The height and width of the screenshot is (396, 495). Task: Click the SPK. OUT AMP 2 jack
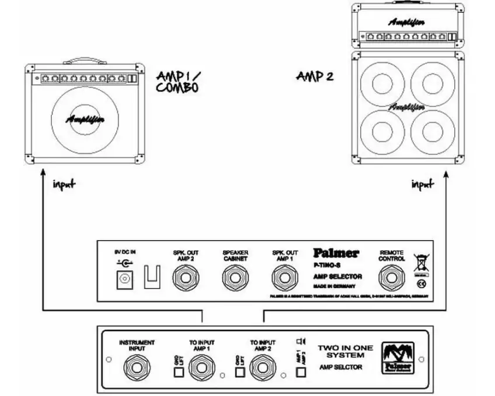pyautogui.click(x=186, y=276)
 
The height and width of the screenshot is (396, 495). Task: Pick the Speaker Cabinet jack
pyautogui.click(x=235, y=276)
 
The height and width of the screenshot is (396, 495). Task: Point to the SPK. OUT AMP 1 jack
pyautogui.click(x=285, y=276)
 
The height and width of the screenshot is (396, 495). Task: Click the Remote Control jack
pyautogui.click(x=391, y=276)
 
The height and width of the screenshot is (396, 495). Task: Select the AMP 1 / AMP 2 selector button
pyautogui.click(x=301, y=373)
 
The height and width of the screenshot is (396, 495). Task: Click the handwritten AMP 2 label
pyautogui.click(x=315, y=76)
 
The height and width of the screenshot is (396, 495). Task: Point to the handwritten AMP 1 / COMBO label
pyautogui.click(x=178, y=82)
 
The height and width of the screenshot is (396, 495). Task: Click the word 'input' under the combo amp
pyautogui.click(x=64, y=185)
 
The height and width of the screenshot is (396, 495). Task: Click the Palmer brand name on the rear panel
pyautogui.click(x=336, y=253)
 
